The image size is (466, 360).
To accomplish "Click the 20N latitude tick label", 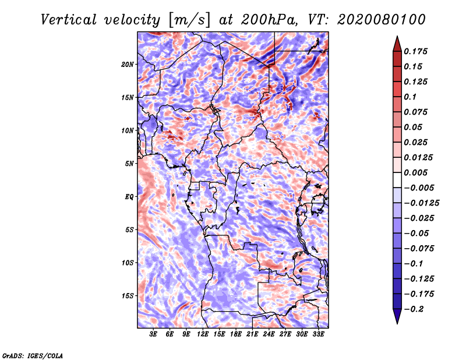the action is click(x=128, y=65).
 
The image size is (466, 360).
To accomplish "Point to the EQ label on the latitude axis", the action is click(x=129, y=197).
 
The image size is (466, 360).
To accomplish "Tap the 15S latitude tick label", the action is click(x=128, y=296).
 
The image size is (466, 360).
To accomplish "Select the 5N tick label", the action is click(x=129, y=164).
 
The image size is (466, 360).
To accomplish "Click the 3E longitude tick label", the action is click(x=153, y=334).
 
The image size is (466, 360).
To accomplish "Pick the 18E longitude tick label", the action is click(x=236, y=334).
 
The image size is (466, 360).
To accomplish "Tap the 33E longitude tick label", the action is click(x=318, y=334).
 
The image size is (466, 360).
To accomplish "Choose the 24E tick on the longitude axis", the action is click(x=269, y=334).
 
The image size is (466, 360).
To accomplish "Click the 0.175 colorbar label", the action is click(x=415, y=51).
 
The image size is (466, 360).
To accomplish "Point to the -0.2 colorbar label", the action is click(x=414, y=309).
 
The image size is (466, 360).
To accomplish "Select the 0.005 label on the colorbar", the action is click(x=415, y=172).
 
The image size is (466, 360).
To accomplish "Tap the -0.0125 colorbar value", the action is click(x=421, y=203).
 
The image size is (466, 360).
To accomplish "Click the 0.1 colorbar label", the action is click(x=410, y=97).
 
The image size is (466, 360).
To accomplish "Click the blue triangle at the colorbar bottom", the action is click(x=397, y=316).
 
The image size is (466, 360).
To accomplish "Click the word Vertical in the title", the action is click(x=69, y=20).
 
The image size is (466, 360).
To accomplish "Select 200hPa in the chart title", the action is click(x=269, y=20).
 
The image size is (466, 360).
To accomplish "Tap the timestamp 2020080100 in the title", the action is click(x=382, y=20).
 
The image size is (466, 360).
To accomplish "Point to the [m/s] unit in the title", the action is click(x=190, y=20).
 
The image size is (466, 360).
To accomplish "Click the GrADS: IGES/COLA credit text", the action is click(x=33, y=356).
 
